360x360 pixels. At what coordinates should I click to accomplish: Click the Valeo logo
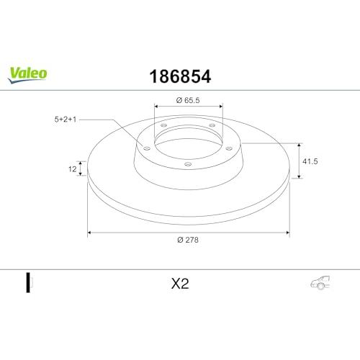tap(27, 75)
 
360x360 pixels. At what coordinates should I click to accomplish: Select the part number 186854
tap(180, 76)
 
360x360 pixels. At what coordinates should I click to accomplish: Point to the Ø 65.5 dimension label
tap(188, 100)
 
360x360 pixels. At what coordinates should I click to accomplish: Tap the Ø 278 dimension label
tap(188, 240)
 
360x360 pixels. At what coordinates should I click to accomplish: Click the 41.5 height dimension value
tap(310, 161)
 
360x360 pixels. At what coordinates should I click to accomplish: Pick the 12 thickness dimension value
tap(72, 169)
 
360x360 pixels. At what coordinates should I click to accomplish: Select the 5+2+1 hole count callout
tap(66, 120)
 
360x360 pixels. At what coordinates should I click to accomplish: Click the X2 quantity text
tap(180, 284)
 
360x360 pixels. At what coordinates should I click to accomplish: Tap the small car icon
tap(320, 282)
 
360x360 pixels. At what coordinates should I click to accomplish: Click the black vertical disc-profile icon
tap(28, 282)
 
